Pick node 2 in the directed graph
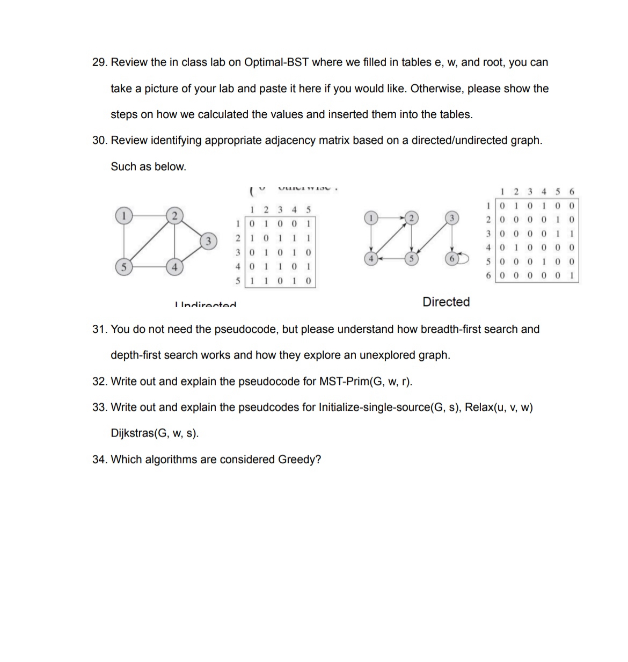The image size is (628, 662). [x=411, y=217]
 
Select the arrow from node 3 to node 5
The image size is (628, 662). [x=432, y=239]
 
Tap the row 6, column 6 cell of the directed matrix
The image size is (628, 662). [x=571, y=276]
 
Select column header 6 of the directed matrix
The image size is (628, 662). [x=571, y=192]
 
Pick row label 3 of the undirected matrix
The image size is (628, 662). [x=237, y=252]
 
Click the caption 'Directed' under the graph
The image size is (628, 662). [x=446, y=302]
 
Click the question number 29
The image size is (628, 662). [x=99, y=62]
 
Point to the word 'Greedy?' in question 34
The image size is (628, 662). [x=299, y=460]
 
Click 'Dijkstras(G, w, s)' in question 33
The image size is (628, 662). [x=155, y=433]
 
